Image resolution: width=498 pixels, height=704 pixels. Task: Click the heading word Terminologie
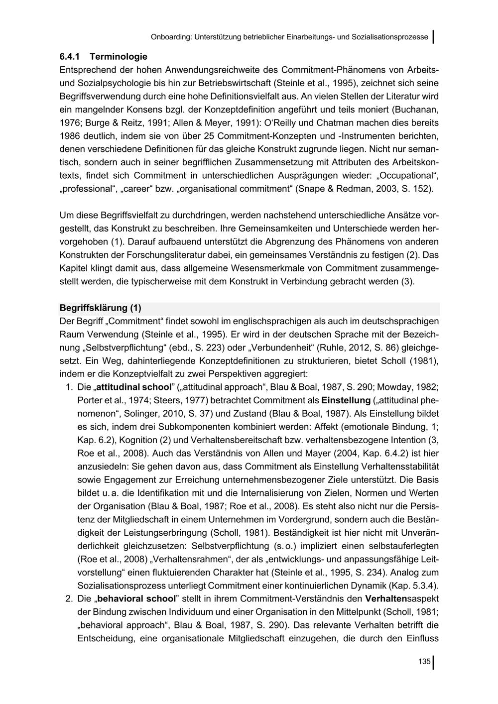[119, 57]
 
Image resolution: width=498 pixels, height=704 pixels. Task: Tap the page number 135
[424, 662]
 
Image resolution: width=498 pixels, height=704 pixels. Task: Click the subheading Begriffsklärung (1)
[100, 308]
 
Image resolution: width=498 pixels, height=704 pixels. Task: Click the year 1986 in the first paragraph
[70, 135]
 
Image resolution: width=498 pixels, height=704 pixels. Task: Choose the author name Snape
[311, 189]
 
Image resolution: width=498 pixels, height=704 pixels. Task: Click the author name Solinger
[127, 413]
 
